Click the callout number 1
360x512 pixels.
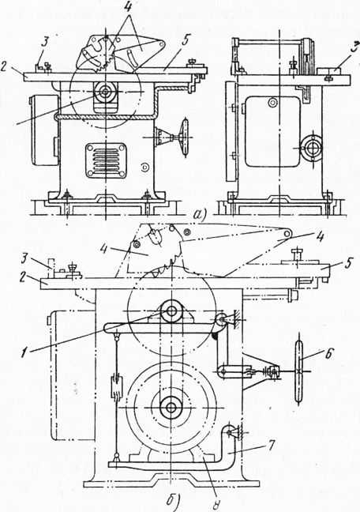pos(23,353)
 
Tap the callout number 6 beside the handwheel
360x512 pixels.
pos(330,354)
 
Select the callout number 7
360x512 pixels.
pos(272,445)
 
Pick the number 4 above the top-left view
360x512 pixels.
pos(126,8)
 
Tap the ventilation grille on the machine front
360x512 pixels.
pos(106,160)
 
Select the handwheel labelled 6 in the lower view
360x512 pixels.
pos(299,371)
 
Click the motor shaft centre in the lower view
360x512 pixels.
pos(171,407)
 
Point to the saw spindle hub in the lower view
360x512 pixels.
pos(171,311)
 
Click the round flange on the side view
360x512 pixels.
pos(313,148)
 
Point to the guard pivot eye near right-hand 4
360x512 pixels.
pos(287,233)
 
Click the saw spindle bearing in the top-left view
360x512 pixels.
pos(105,92)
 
